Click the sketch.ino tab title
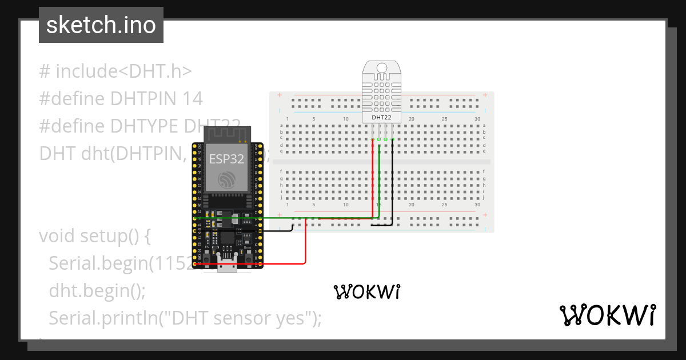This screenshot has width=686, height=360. click(101, 25)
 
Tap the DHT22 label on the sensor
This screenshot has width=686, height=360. click(382, 117)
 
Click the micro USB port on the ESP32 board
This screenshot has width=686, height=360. click(228, 266)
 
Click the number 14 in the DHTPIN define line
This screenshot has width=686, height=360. click(193, 98)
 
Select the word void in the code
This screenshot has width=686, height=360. click(57, 236)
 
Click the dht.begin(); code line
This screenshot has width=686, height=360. click(97, 291)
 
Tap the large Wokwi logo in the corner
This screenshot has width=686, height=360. click(607, 315)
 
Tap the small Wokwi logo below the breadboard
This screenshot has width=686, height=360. click(366, 292)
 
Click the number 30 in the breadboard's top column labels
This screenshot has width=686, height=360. click(477, 118)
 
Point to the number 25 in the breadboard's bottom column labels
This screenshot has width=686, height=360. click(444, 205)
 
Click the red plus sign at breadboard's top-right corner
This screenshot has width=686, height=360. click(485, 95)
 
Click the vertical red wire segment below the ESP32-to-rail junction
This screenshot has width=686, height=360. click(306, 243)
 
